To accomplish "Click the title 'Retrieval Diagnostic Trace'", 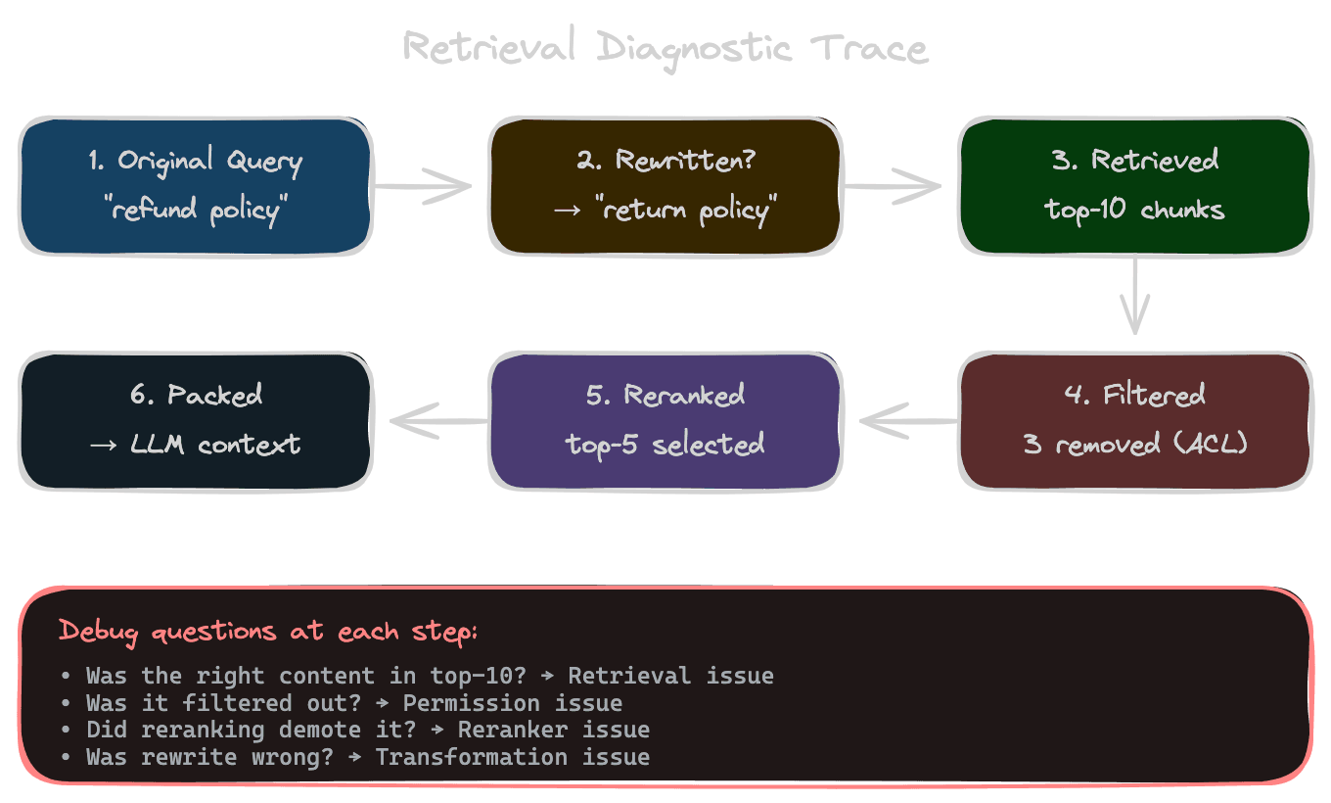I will (x=665, y=47).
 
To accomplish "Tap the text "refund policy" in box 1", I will (x=195, y=210).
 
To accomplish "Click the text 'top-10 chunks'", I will (x=1135, y=210).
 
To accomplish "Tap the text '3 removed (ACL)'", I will (x=1135, y=444).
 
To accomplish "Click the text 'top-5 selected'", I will (x=665, y=444).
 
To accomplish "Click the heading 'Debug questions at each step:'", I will (x=268, y=631).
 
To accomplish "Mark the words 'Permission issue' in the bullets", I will (x=512, y=703).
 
